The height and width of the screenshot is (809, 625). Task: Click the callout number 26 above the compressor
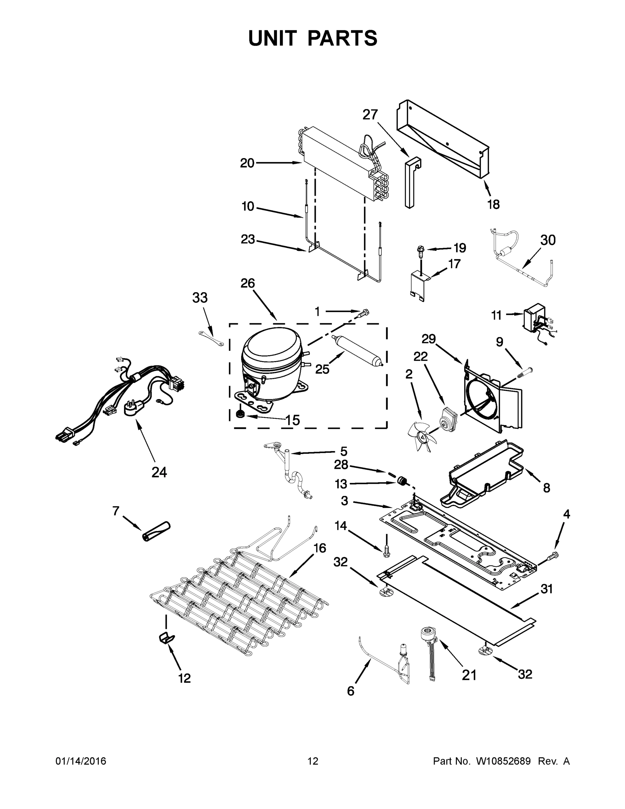pyautogui.click(x=248, y=283)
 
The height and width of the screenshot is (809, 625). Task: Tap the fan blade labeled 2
pyautogui.click(x=421, y=438)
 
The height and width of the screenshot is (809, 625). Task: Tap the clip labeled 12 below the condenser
pyautogui.click(x=166, y=638)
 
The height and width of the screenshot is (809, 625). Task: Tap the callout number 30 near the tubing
pyautogui.click(x=548, y=240)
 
